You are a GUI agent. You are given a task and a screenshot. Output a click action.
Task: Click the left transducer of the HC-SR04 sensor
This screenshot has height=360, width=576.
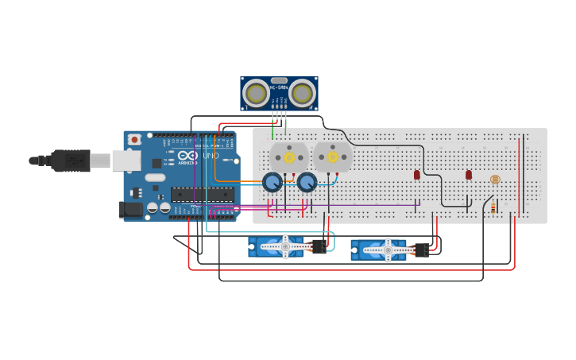tap(256, 93)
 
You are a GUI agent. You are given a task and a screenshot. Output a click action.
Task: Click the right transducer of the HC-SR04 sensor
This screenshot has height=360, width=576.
tap(301, 93)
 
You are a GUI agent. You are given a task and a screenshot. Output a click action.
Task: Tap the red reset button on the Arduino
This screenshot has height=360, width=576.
tap(134, 140)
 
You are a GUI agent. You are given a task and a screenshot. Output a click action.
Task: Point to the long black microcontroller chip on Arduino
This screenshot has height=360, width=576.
tap(202, 194)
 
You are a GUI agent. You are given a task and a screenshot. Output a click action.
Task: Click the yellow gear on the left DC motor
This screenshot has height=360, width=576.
tap(289, 157)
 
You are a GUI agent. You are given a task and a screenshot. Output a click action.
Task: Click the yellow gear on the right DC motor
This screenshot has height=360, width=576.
tap(332, 157)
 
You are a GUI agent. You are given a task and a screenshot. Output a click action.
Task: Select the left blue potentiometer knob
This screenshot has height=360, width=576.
tap(273, 183)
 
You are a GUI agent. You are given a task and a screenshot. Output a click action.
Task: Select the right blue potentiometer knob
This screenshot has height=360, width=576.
tap(307, 183)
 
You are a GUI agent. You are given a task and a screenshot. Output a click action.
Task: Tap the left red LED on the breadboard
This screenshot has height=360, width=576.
tap(417, 174)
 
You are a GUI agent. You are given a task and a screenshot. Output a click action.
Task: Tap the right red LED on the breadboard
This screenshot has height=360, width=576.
tap(469, 174)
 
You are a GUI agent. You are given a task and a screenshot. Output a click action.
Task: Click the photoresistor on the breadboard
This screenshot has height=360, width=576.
tap(495, 180)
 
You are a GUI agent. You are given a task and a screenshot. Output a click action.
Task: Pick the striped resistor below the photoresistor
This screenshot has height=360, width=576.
tap(493, 208)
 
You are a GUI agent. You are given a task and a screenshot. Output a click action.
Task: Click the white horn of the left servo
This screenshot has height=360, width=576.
tap(285, 247)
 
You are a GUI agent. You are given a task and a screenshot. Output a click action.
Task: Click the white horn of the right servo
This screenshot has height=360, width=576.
tap(388, 250)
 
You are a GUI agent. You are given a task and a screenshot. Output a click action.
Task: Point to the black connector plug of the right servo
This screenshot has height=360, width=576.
tap(422, 250)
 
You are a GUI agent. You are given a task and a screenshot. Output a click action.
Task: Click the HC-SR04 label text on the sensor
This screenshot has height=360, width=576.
tap(279, 87)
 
